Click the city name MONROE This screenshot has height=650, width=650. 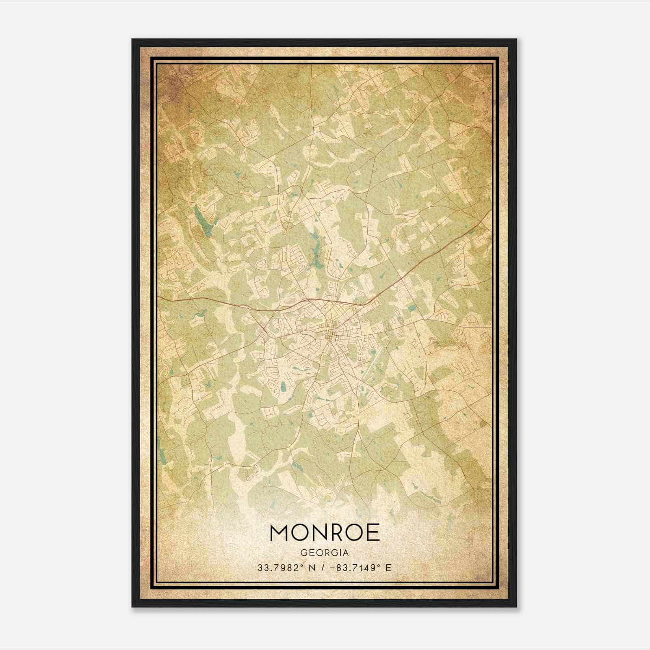(325, 533)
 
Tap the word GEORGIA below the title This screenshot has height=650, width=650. (325, 553)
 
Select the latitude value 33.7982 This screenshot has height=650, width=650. (276, 568)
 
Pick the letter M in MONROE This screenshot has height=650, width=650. (279, 533)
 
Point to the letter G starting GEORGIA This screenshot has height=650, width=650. (303, 553)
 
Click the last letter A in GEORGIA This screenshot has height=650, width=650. (346, 553)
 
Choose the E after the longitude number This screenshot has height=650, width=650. (389, 568)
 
